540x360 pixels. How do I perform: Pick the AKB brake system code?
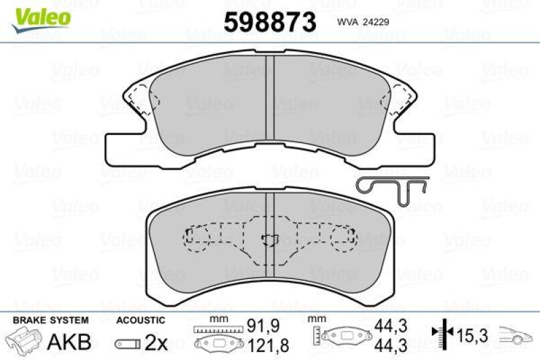pos(69,341)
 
